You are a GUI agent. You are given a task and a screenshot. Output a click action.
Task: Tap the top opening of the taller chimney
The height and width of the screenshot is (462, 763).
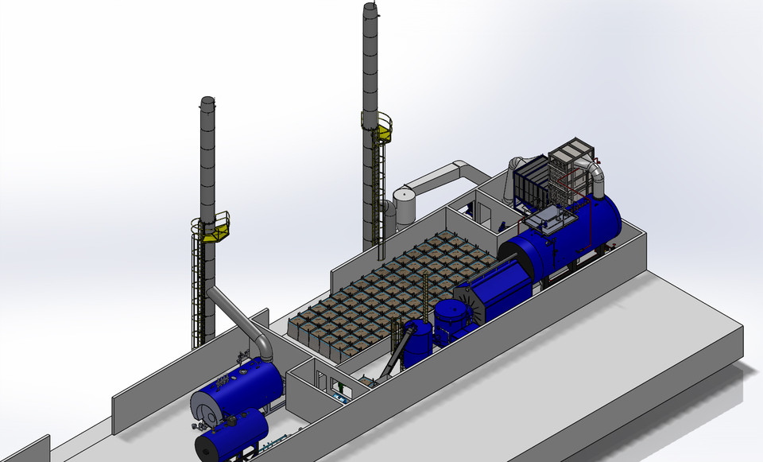370,7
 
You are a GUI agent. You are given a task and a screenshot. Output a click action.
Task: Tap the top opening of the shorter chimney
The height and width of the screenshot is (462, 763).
207,100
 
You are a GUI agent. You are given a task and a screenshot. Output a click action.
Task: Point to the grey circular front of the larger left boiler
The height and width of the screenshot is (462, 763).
206,406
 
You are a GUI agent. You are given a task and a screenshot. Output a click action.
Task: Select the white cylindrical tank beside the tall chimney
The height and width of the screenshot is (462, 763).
405,206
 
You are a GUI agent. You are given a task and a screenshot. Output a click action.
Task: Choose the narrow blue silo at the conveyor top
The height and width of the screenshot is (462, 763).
417,343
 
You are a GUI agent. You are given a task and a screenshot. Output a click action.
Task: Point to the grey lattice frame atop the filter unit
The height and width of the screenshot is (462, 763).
569,163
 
